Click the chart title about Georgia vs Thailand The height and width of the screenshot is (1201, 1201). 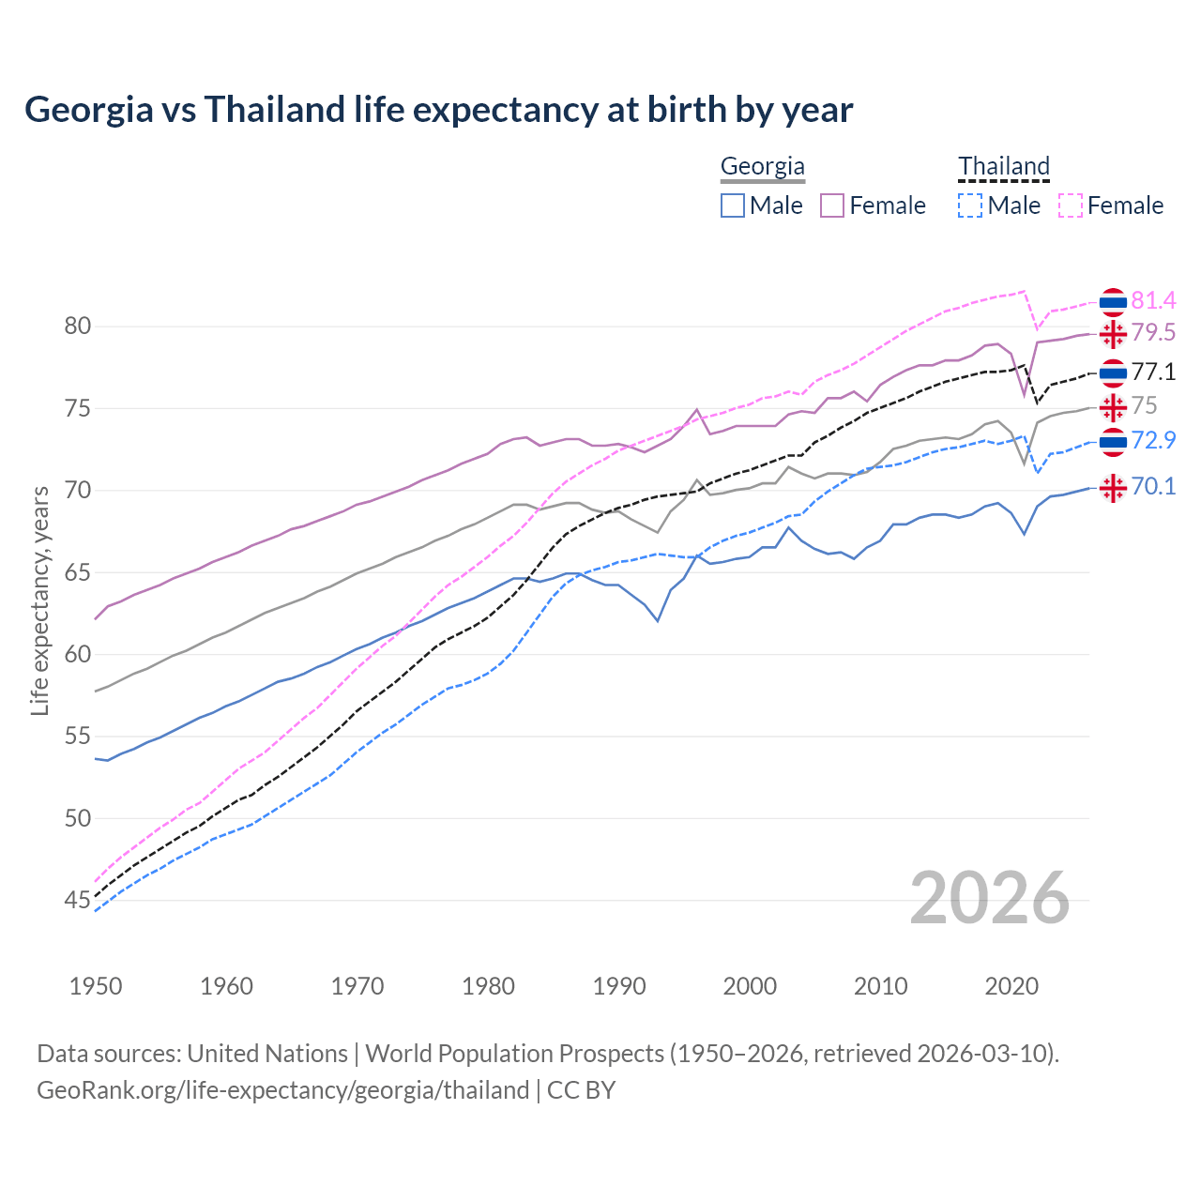tap(438, 110)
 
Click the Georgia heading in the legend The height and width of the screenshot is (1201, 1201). tap(762, 167)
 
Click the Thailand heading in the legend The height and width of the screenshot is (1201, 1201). tap(1003, 167)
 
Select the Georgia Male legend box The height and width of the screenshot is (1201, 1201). tap(733, 205)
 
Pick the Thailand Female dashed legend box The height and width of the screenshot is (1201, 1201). tap(1071, 205)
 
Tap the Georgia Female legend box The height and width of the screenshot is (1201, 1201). tap(832, 205)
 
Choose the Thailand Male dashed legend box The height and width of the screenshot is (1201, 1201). tap(970, 205)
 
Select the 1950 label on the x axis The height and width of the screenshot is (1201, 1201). tap(96, 986)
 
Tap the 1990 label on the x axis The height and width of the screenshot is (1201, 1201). tap(619, 986)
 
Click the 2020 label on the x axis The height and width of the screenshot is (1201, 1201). tap(1011, 986)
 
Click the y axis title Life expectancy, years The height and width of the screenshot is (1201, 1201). tap(39, 600)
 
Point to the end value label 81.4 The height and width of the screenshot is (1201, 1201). tap(1153, 300)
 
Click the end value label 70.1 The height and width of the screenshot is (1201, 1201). tap(1153, 486)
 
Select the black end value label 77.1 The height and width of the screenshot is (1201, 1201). tap(1153, 372)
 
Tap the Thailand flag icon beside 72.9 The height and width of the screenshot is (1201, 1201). tap(1113, 441)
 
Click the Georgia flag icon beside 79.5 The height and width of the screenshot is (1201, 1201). tap(1113, 333)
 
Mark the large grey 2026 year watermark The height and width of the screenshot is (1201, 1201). tap(989, 898)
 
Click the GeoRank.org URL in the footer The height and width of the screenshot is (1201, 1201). tap(282, 1090)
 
